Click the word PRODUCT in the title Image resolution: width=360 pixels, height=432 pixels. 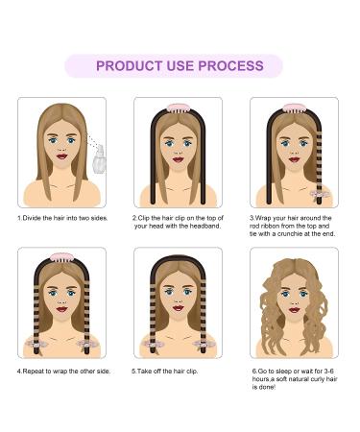tap(130, 66)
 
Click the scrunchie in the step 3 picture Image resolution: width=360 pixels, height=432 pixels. tap(322, 191)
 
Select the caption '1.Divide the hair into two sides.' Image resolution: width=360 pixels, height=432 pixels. tap(62, 218)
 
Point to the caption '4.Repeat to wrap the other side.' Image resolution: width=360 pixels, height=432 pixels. tap(63, 370)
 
